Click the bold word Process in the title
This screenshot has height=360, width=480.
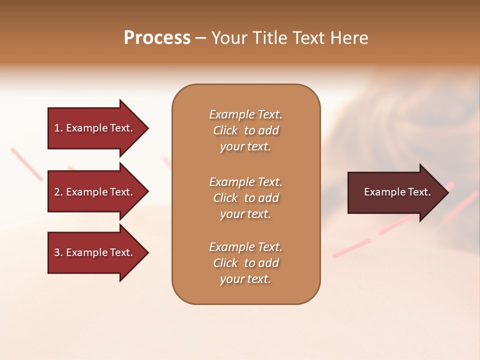[x=157, y=38]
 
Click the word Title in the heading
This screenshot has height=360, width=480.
[x=268, y=38]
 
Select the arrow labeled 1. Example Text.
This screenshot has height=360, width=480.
[x=95, y=128]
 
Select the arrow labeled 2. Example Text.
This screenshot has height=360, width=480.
[x=95, y=192]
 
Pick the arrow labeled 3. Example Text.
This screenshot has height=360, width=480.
[x=95, y=252]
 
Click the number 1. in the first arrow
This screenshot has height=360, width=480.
[x=58, y=128]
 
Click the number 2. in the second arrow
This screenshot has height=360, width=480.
[x=58, y=192]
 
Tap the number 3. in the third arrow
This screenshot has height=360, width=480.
[x=58, y=252]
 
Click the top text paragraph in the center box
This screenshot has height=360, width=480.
[x=245, y=130]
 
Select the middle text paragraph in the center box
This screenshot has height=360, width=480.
[x=245, y=198]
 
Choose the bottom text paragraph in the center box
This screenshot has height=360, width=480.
[x=245, y=263]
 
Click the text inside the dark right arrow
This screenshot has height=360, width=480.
[x=397, y=192]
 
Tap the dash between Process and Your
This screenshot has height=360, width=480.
[x=200, y=38]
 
